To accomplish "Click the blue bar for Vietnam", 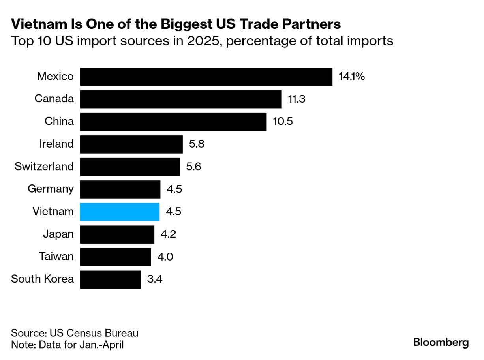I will pos(120,212).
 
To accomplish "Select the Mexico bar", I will pos(206,77).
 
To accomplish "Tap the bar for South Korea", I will pos(110,279).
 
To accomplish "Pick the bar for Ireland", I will pos(131,144).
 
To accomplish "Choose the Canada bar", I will pos(180,99).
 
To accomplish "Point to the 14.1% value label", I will pos(351,77).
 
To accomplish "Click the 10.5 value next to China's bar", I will pos(283,122).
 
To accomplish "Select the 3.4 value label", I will pos(155,279).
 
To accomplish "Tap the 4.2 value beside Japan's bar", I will pos(168,234).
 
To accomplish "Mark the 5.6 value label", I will pos(193,167).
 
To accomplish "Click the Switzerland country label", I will pos(44,167).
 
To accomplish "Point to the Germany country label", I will pos(51,189).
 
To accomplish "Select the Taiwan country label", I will pos(56,257).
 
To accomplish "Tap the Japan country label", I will pos(58,234).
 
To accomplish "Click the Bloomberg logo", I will pos(441,342).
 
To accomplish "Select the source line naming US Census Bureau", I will pos(75,333).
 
